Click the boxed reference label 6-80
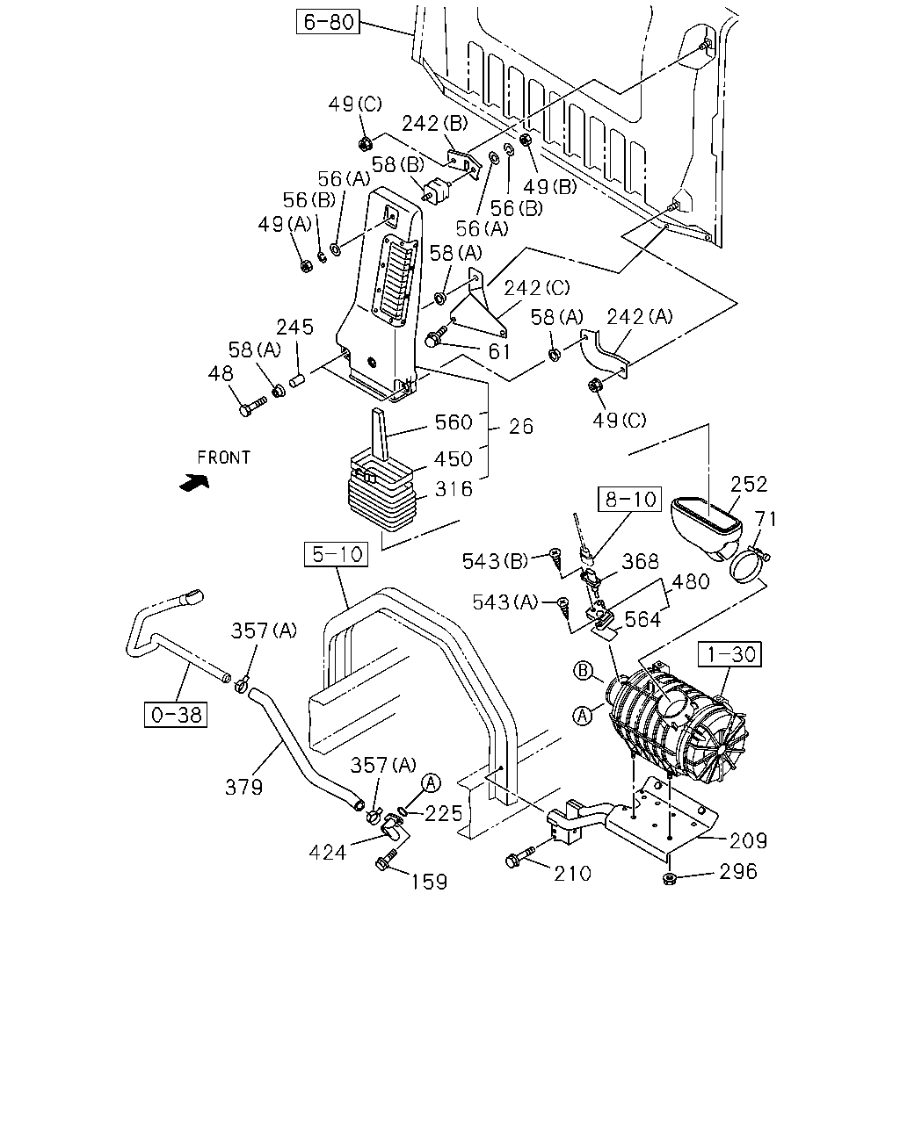point(328,21)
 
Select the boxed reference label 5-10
point(337,554)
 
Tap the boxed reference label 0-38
point(176,715)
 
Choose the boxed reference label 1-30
point(730,654)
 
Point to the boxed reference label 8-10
point(629,500)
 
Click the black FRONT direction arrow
point(194,482)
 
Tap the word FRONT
point(224,458)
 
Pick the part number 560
point(454,422)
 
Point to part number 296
point(738,871)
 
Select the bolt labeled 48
point(252,406)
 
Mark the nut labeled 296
point(668,878)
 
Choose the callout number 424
point(327,853)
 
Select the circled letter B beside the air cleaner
point(583,670)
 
